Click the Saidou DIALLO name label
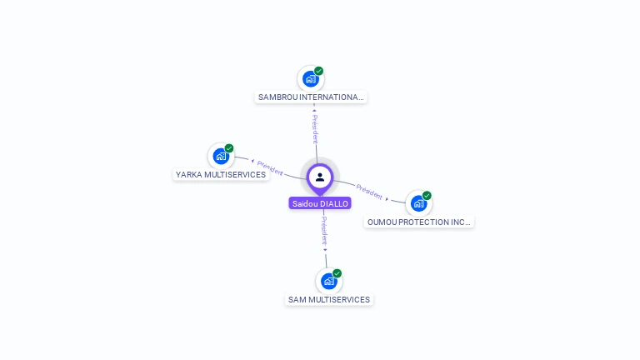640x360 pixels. pyautogui.click(x=320, y=203)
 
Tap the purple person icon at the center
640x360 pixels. pyautogui.click(x=320, y=177)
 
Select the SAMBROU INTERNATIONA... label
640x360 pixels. pyautogui.click(x=311, y=97)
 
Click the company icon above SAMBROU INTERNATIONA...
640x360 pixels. pyautogui.click(x=311, y=79)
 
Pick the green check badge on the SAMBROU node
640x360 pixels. pyautogui.click(x=318, y=71)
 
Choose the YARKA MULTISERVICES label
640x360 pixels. pyautogui.click(x=221, y=175)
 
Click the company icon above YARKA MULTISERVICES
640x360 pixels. pyautogui.click(x=221, y=156)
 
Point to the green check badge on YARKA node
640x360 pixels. pyautogui.click(x=229, y=148)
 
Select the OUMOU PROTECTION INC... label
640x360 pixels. pyautogui.click(x=419, y=222)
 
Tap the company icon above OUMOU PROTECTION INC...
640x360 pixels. pyautogui.click(x=418, y=203)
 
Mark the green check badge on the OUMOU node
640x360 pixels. pyautogui.click(x=427, y=196)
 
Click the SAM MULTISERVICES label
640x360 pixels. pyautogui.click(x=329, y=300)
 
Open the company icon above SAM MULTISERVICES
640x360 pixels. pyautogui.click(x=329, y=281)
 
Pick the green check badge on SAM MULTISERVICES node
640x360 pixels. pyautogui.click(x=337, y=273)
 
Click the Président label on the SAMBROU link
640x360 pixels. pyautogui.click(x=315, y=129)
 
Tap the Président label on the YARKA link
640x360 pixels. pyautogui.click(x=270, y=167)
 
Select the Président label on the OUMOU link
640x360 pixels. pyautogui.click(x=369, y=191)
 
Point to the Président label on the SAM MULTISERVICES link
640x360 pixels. pyautogui.click(x=324, y=231)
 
